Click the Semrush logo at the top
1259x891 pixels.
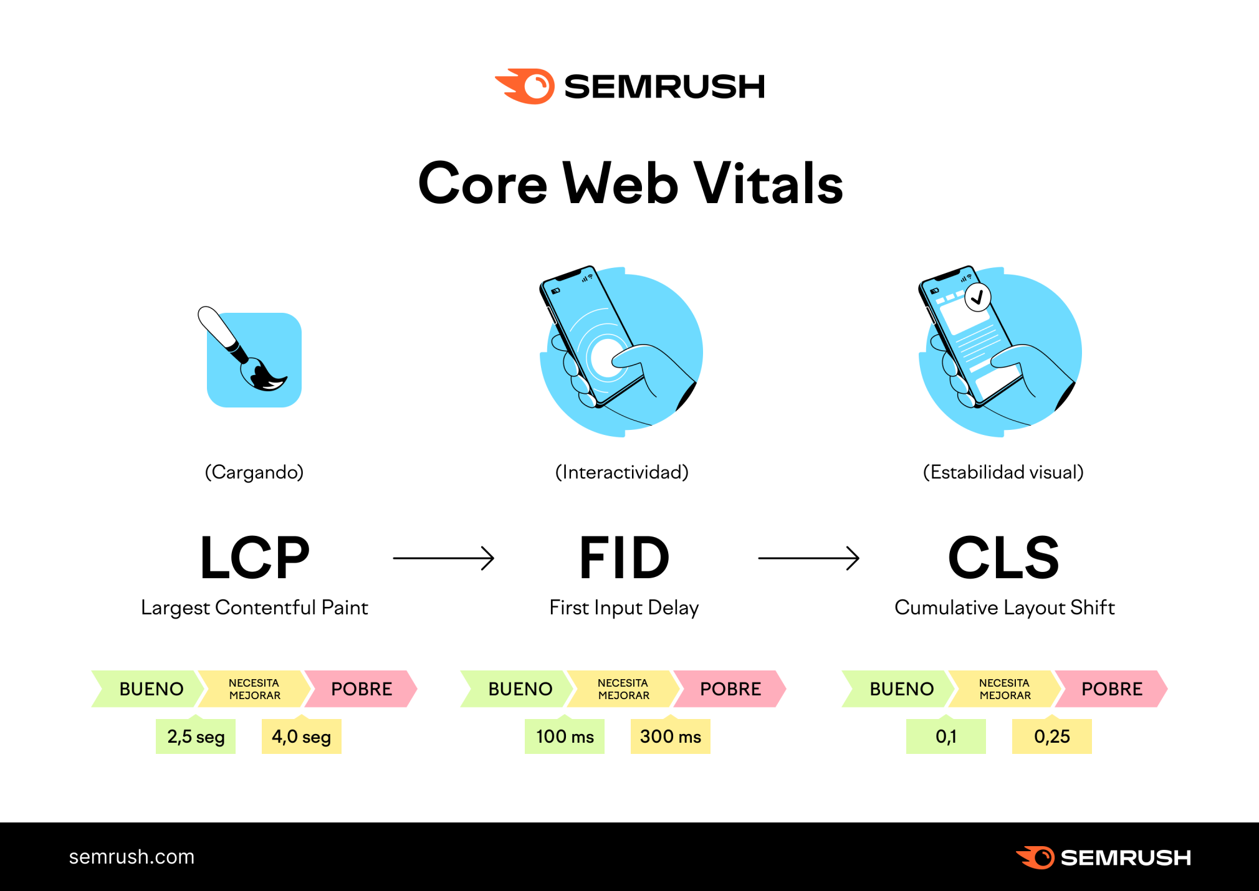(629, 86)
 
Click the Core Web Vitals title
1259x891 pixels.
(629, 183)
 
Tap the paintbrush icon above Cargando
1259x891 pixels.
(249, 355)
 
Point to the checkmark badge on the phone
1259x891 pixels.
(977, 297)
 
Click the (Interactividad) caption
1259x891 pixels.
(622, 472)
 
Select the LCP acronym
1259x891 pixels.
(254, 558)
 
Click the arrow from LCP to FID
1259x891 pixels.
(443, 558)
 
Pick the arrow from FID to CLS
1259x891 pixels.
(808, 558)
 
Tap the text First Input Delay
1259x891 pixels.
(624, 607)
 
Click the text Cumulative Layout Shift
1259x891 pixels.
(1004, 607)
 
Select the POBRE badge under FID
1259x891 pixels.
(730, 688)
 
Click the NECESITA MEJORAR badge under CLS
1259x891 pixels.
(1004, 688)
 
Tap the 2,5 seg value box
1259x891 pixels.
(196, 736)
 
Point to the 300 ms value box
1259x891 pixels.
(670, 736)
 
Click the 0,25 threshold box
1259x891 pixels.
(1051, 736)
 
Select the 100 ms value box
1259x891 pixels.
(564, 736)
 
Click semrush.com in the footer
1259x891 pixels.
(132, 857)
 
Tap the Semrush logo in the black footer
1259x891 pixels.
(1103, 857)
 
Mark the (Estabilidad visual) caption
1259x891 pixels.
(1003, 472)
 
